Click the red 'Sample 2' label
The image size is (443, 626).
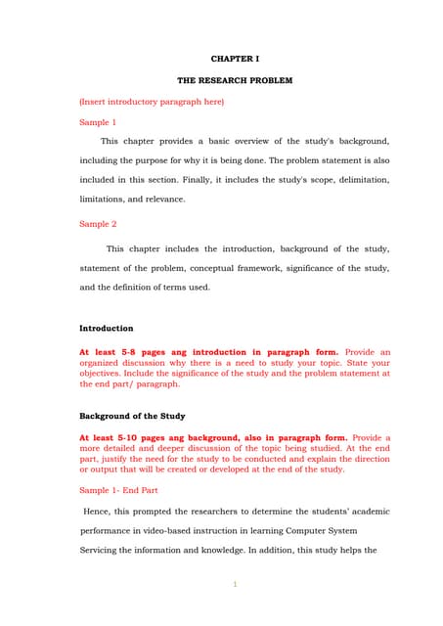98,224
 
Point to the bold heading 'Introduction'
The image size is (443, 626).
106,329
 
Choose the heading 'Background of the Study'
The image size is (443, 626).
132,416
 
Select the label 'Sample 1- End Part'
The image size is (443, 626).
118,490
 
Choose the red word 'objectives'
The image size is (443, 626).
104,373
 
